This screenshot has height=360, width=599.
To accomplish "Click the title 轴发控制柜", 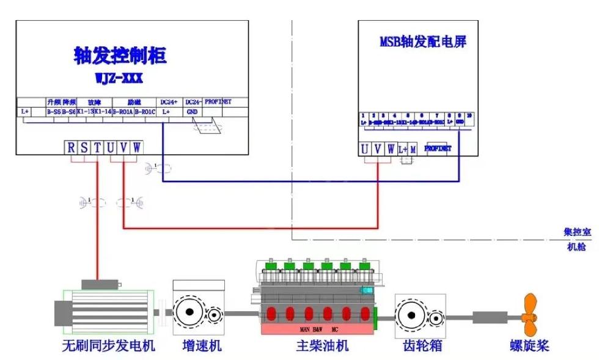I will [x=120, y=56].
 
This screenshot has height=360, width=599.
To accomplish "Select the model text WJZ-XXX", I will [x=120, y=79].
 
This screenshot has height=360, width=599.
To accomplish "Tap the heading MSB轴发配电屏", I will [x=423, y=43].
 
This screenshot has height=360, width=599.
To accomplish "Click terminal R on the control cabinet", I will [x=71, y=147].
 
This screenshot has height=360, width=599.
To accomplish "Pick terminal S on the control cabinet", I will [x=84, y=147].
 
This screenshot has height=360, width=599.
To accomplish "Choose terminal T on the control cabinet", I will [x=97, y=147].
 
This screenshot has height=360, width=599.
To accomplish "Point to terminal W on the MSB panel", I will [x=390, y=149].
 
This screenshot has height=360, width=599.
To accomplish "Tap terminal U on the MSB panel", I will [x=365, y=149].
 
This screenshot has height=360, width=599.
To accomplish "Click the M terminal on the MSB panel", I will [x=413, y=149].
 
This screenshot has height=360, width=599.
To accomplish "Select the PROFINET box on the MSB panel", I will [x=438, y=149].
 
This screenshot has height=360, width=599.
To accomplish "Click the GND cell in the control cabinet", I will [x=191, y=112].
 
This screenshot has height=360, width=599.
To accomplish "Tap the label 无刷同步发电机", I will [x=108, y=346].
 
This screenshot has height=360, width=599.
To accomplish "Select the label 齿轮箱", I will [x=422, y=346].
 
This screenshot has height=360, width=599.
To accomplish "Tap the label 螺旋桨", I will [x=529, y=346].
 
